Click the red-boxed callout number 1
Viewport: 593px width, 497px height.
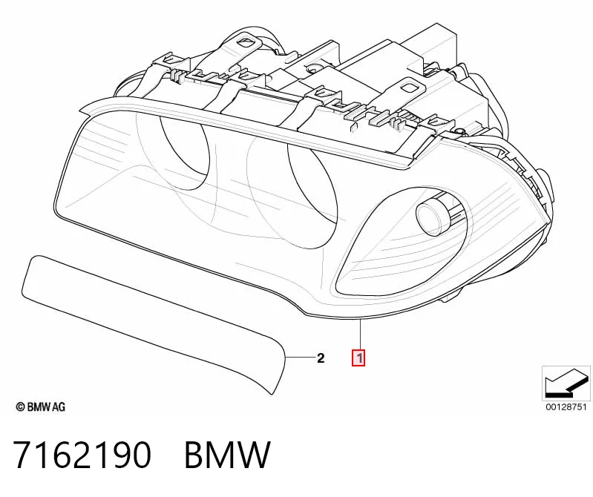click(x=358, y=358)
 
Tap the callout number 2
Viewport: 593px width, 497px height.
click(x=321, y=358)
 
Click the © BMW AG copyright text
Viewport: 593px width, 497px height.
click(x=41, y=407)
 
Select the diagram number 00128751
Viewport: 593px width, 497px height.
click(x=566, y=407)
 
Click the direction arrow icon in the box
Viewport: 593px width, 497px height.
click(x=566, y=383)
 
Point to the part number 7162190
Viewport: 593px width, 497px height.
click(x=82, y=455)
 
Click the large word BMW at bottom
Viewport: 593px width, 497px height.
click(x=227, y=455)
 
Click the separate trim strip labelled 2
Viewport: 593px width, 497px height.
click(x=151, y=321)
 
